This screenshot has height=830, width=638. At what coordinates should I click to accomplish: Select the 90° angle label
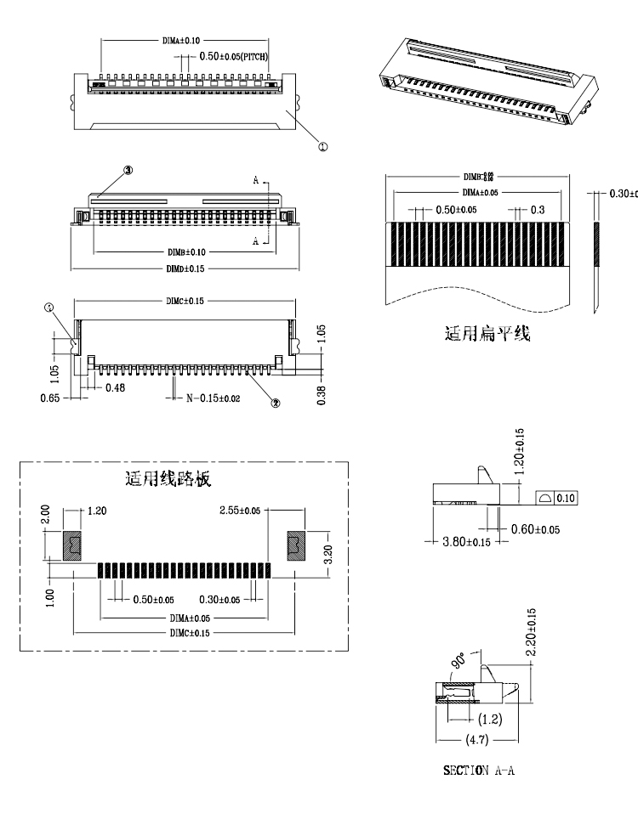pos(459,660)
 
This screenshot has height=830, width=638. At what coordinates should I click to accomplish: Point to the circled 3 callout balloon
pos(128,170)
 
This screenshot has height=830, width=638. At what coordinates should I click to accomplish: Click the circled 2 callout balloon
pos(275,403)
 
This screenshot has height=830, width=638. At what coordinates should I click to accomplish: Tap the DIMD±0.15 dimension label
pos(182,268)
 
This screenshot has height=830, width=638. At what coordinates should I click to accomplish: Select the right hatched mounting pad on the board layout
pos(294,545)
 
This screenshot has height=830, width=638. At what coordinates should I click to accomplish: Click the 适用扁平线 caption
pos(487,333)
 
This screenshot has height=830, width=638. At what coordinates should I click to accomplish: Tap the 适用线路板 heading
pos(168,478)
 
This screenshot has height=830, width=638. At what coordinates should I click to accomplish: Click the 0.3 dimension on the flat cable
pos(538,209)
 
